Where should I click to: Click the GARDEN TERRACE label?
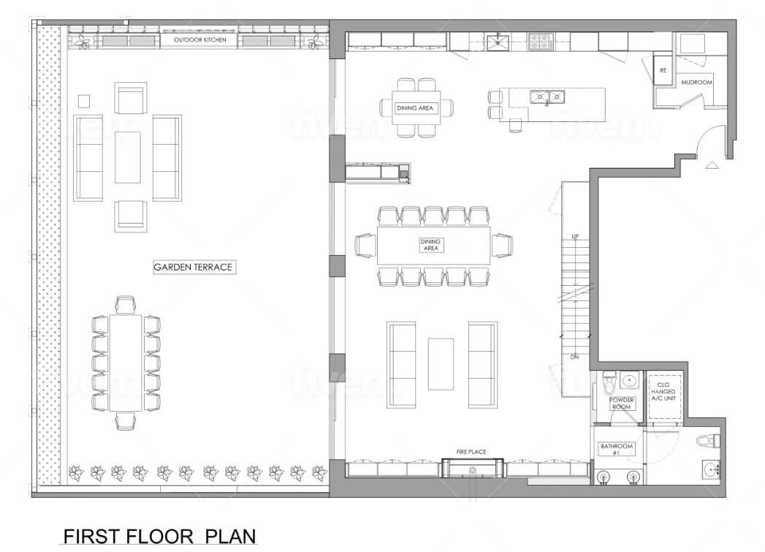click(193, 267)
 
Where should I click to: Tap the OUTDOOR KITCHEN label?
click(200, 39)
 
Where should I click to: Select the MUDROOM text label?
click(697, 83)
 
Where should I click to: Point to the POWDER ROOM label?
click(622, 403)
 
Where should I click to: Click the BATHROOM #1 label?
click(617, 449)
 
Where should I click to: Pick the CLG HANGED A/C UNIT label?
click(663, 391)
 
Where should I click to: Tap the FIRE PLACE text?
click(471, 452)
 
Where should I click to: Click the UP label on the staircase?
click(575, 237)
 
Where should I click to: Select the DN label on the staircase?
click(575, 358)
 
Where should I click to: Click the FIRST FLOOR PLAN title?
click(159, 536)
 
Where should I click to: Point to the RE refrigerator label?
click(663, 70)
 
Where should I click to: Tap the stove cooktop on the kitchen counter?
click(540, 42)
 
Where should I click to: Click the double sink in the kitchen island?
click(547, 97)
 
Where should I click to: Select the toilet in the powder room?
click(609, 383)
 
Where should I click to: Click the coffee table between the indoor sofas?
click(441, 364)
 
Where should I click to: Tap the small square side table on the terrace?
click(84, 101)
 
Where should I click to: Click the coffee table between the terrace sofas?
click(128, 157)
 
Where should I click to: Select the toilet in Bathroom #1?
click(709, 441)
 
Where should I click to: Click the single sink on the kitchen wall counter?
click(497, 42)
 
